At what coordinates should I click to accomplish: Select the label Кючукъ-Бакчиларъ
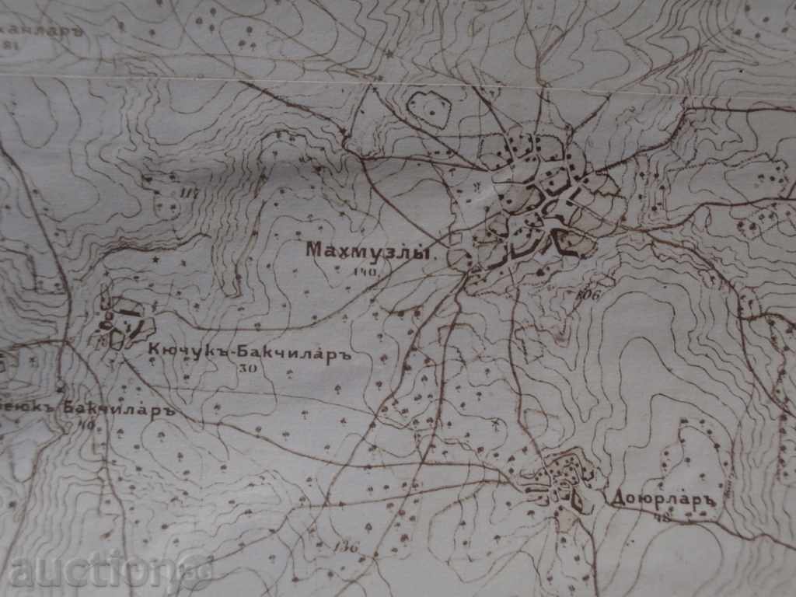pyautogui.click(x=250, y=351)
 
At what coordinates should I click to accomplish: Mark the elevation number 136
pyautogui.click(x=347, y=546)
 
